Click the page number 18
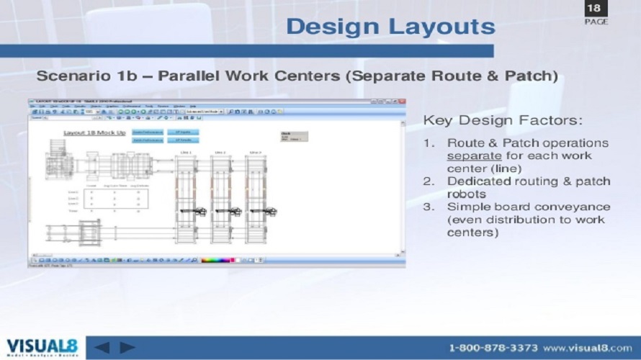(x=594, y=9)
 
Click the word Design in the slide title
(x=331, y=27)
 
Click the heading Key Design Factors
(x=502, y=120)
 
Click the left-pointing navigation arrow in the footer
(x=102, y=347)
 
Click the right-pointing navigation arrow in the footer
(x=127, y=347)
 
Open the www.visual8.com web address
(x=588, y=348)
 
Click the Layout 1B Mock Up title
(x=94, y=133)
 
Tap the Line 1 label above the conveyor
(x=186, y=153)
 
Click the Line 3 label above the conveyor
(x=255, y=153)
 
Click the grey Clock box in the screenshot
(x=294, y=136)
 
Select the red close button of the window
(x=401, y=102)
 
